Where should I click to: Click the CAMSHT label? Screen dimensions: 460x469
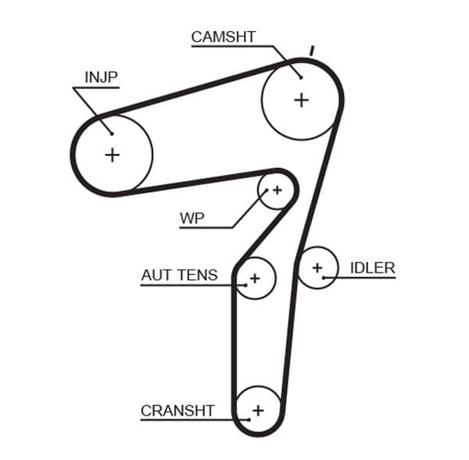[x=223, y=37]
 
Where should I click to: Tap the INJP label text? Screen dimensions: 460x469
[x=100, y=77]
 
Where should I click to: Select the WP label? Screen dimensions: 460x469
[x=192, y=218]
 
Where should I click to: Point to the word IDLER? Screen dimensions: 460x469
[x=372, y=268]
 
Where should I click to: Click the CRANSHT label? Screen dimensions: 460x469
[x=177, y=410]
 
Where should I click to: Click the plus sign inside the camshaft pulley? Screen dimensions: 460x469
[x=302, y=99]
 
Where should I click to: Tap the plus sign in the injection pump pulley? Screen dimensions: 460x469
[x=113, y=155]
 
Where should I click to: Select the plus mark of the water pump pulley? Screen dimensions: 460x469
[x=277, y=190]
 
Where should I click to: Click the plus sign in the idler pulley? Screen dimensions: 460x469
[x=317, y=268]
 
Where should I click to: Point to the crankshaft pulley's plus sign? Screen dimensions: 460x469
[x=258, y=411]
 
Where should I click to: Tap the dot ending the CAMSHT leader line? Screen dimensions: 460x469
[x=300, y=77]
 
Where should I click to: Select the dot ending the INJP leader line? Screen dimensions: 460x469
[x=113, y=133]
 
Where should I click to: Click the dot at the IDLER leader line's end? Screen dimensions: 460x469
[x=324, y=277]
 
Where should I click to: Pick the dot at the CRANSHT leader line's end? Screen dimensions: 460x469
[x=249, y=420]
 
